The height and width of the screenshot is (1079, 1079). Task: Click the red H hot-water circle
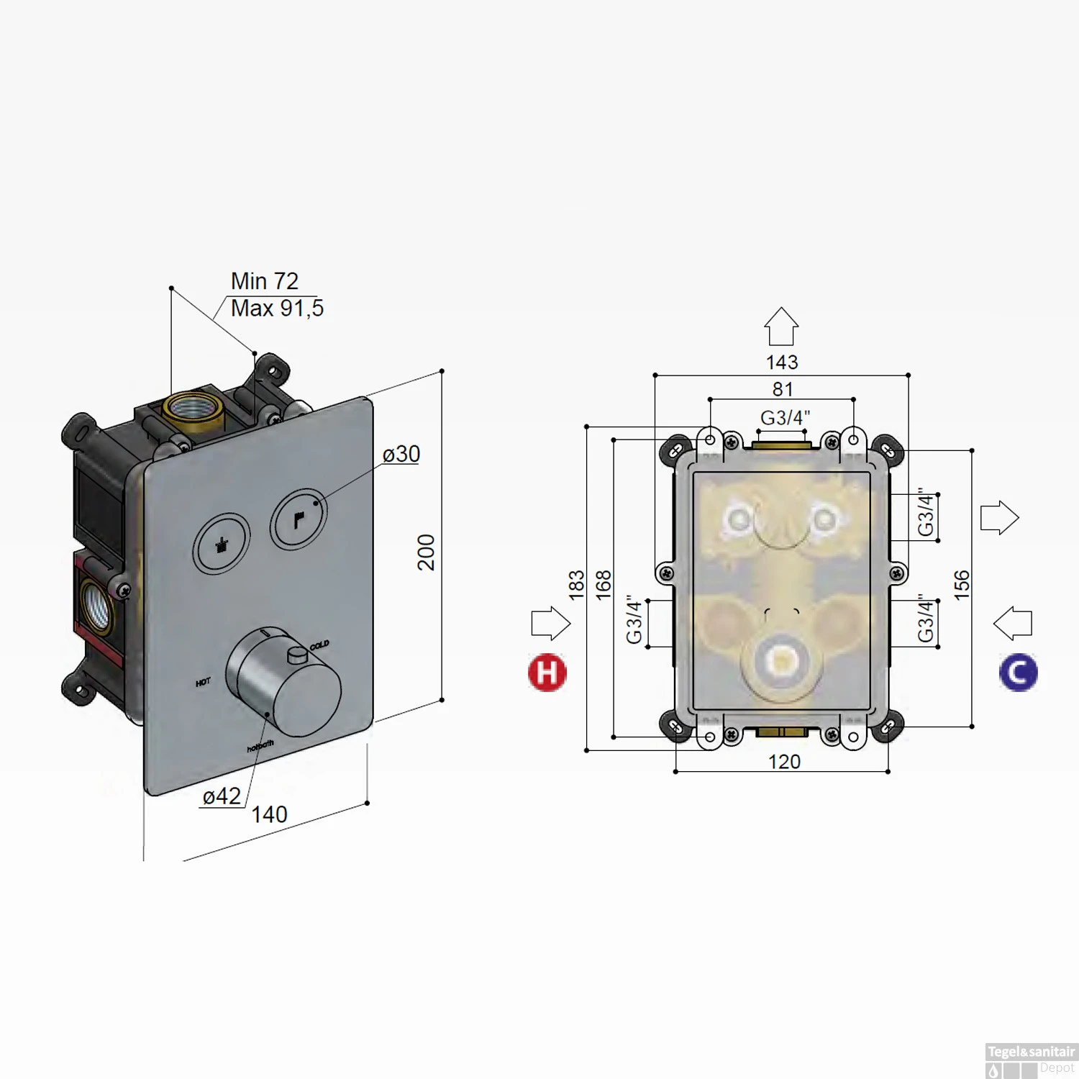point(547,673)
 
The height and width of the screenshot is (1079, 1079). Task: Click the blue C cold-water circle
point(1018,673)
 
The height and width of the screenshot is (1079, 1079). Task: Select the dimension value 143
point(782,362)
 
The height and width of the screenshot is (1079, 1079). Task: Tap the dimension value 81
point(783,389)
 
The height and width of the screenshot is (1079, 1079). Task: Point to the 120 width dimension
point(784,762)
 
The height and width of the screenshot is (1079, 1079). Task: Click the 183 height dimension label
point(576,585)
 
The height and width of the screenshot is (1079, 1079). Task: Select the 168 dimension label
point(604,585)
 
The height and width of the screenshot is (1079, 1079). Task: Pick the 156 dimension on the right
point(962,585)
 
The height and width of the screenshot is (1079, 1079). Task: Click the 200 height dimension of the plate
point(427,552)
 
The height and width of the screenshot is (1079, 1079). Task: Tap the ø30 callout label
point(401,454)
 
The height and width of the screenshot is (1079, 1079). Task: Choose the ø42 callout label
point(222,796)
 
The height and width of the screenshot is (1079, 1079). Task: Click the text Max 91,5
point(277,309)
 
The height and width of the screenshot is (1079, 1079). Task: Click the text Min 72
point(264,281)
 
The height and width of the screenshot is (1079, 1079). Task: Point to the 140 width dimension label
point(269,814)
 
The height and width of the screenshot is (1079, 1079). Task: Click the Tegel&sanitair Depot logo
point(1031,1060)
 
